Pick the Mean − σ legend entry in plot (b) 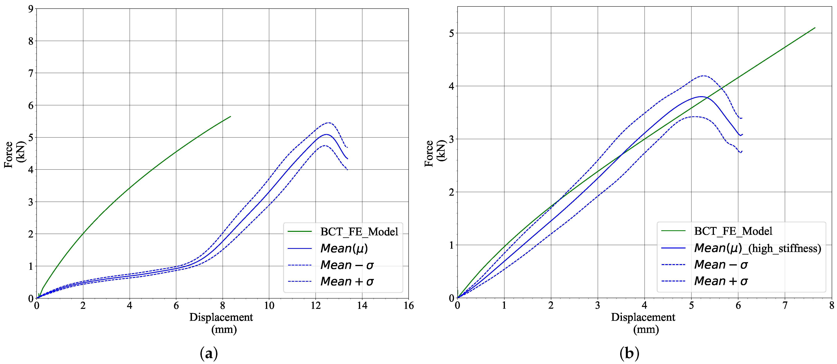721,265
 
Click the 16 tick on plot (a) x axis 408,306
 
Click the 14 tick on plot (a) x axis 362,306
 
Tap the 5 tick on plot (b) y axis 451,33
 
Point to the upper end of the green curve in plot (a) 230,116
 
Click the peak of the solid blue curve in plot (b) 701,96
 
